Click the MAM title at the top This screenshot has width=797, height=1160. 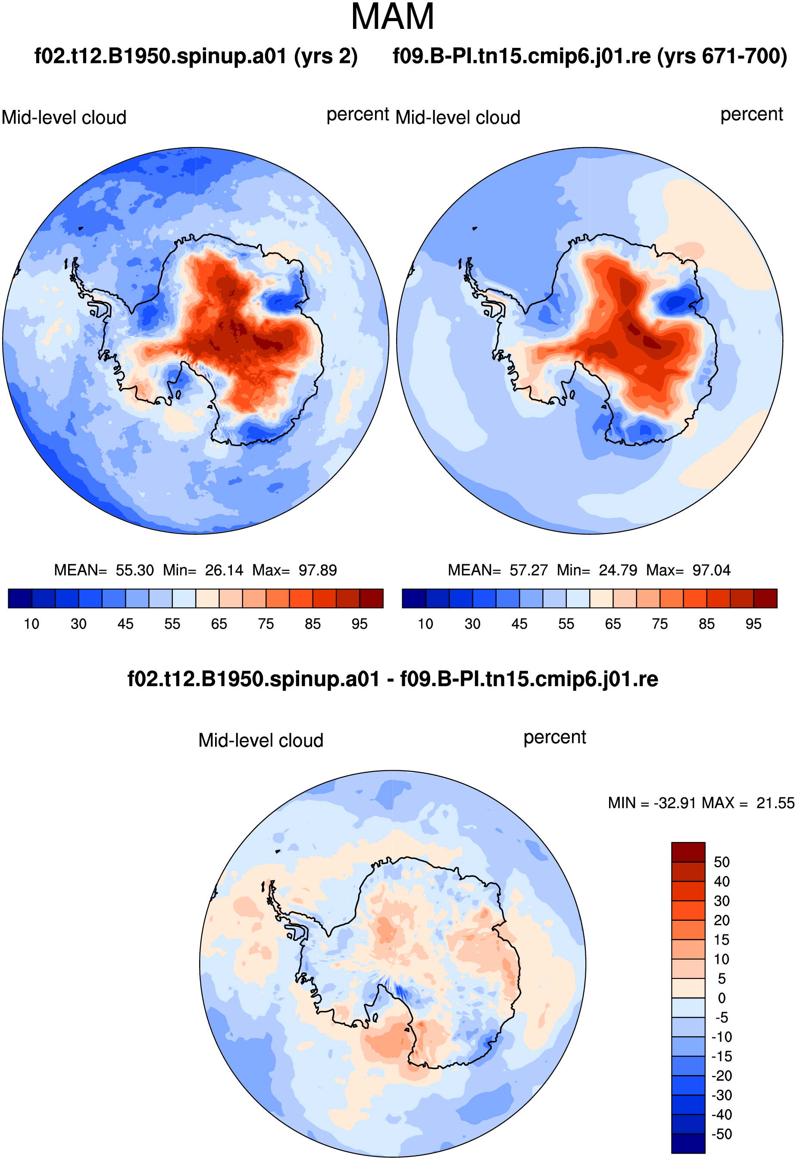click(393, 16)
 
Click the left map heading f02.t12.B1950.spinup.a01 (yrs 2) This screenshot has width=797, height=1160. click(196, 56)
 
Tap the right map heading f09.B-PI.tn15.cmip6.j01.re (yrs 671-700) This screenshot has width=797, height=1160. click(590, 56)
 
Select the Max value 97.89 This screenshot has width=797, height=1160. click(318, 570)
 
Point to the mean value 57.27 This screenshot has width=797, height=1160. click(528, 570)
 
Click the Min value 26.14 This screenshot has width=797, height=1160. click(224, 570)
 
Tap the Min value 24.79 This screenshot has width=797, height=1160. click(618, 570)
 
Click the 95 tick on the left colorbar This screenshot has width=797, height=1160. click(359, 624)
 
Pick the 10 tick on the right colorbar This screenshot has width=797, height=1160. click(425, 624)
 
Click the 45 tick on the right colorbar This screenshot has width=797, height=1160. click(519, 624)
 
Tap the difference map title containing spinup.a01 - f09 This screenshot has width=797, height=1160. click(393, 679)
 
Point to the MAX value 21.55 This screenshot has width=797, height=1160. click(775, 803)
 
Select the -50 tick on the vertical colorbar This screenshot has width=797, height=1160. click(722, 1134)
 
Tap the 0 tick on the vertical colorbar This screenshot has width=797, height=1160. click(722, 998)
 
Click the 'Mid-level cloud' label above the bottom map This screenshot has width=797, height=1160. click(261, 741)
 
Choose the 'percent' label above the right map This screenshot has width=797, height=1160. click(752, 115)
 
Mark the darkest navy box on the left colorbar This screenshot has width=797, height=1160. click(20, 598)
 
